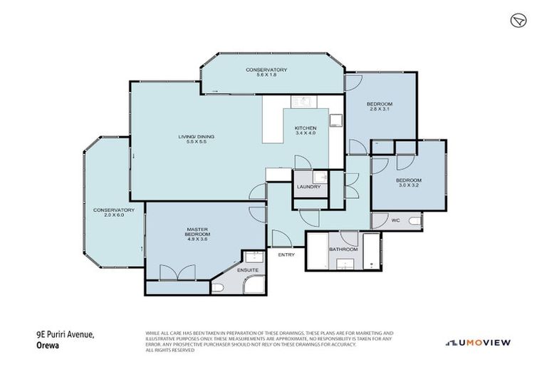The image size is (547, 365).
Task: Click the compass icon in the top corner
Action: [x=517, y=21]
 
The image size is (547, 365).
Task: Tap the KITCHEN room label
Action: [x=306, y=128]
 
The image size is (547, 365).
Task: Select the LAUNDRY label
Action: [x=309, y=187]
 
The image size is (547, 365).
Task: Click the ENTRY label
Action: [x=286, y=255]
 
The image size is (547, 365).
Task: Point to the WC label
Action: [x=395, y=221]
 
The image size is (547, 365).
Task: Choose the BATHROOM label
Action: [x=343, y=249]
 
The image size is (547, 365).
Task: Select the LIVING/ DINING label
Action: [x=196, y=137]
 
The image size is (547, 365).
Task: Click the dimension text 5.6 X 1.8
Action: [x=266, y=75]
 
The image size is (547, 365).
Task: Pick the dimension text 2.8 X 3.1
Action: [x=380, y=109]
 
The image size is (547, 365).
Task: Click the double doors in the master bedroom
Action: [x=177, y=272]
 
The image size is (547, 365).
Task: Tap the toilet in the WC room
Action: [x=415, y=222]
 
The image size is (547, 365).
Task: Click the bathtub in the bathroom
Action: [x=372, y=251]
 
